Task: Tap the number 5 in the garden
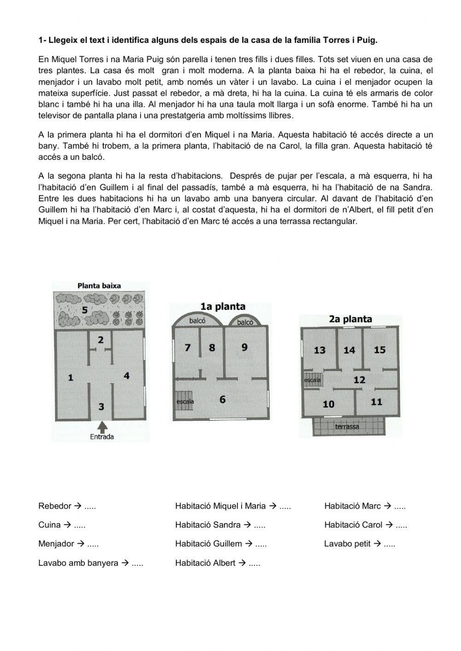tap(84, 310)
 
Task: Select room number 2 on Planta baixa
tap(100, 340)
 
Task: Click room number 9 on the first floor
tap(244, 346)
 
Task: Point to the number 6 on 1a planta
tap(223, 399)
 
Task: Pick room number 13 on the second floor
tap(319, 350)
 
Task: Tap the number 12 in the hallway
tap(359, 380)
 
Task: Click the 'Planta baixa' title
tap(99, 286)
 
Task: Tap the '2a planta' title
tap(350, 319)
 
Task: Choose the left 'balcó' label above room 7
tap(197, 321)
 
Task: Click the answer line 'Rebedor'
tap(67, 506)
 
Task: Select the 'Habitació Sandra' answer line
tap(220, 525)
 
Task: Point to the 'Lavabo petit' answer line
tap(360, 544)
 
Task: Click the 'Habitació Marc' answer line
tap(365, 506)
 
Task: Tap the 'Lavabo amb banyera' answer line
tap(90, 563)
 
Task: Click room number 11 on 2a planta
tap(377, 402)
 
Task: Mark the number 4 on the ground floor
tap(126, 375)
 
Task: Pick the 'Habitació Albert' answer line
tap(218, 563)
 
